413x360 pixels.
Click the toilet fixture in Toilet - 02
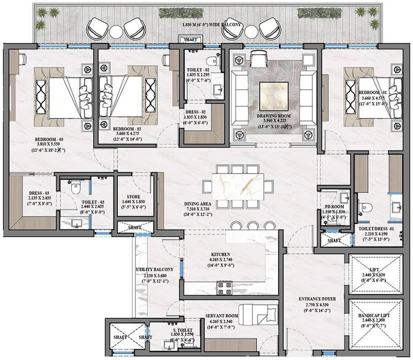pyautogui.click(x=216, y=61)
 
